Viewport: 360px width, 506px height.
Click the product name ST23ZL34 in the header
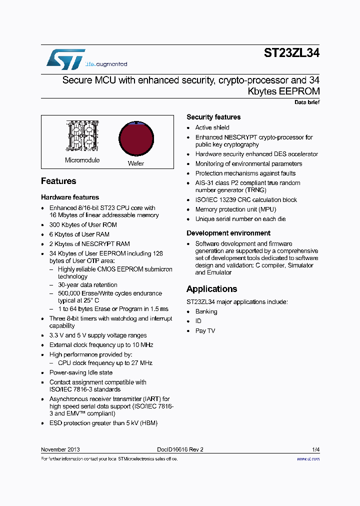pos(291,54)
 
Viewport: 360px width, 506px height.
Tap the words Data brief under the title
pos(306,102)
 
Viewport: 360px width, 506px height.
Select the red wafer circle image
pos(136,138)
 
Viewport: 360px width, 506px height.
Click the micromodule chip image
pos(81,135)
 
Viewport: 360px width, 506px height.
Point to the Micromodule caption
pos(82,160)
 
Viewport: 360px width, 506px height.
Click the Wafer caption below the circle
pos(136,163)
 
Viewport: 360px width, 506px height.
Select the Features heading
pos(58,181)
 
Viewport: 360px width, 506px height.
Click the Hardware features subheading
pos(70,197)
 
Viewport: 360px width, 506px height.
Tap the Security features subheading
pos(213,117)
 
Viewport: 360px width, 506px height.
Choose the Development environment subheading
pos(228,233)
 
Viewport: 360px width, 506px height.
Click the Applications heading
pos(211,289)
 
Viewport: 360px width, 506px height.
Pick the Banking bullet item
pos(206,311)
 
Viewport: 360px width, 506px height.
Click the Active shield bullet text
pos(212,127)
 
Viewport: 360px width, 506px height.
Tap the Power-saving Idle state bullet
pos(81,372)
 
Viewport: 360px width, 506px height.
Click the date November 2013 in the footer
pos(60,449)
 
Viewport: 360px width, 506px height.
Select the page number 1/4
pos(315,449)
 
